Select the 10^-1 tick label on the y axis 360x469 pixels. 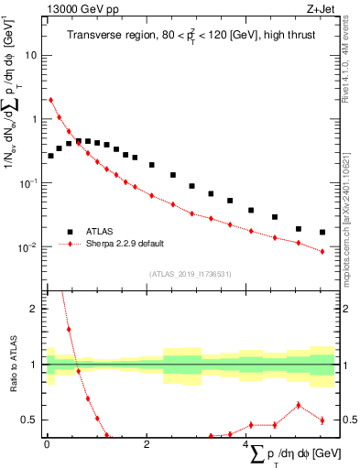pyautogui.click(x=29, y=182)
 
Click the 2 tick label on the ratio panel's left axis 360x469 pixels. pyautogui.click(x=35, y=309)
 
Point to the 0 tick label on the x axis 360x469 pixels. pyautogui.click(x=47, y=444)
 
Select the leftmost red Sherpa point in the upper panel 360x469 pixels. pyautogui.click(x=50, y=100)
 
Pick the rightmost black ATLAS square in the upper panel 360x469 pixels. pyautogui.click(x=322, y=233)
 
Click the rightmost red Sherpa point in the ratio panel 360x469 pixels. pyautogui.click(x=322, y=420)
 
